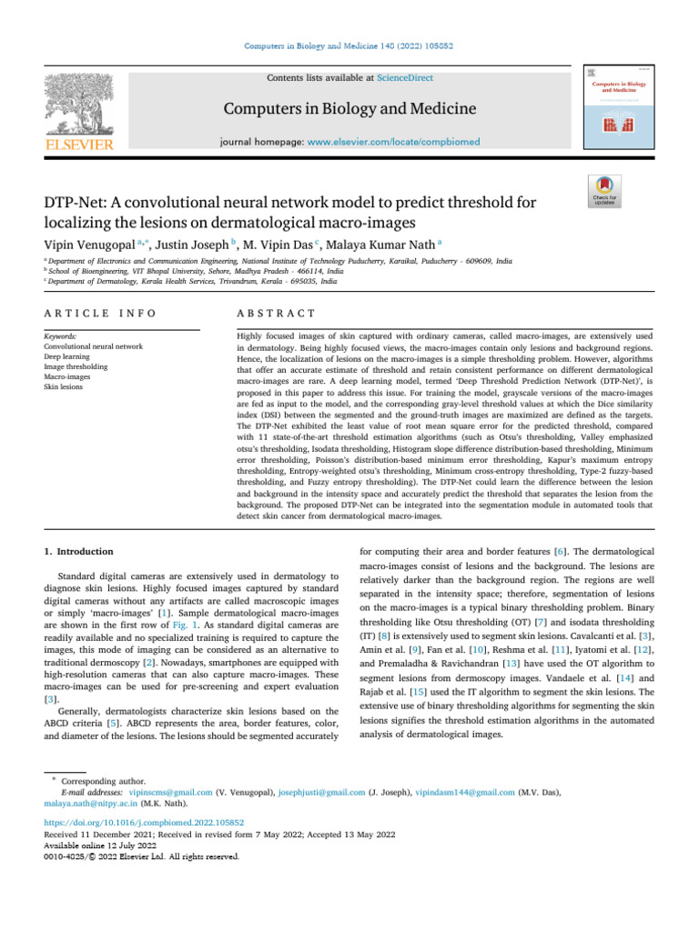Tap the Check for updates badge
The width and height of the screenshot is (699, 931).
tap(605, 192)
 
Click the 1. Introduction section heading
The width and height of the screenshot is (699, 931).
tap(79, 551)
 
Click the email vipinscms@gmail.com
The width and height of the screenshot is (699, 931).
tap(172, 792)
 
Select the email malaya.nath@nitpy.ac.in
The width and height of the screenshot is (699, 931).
tap(84, 803)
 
